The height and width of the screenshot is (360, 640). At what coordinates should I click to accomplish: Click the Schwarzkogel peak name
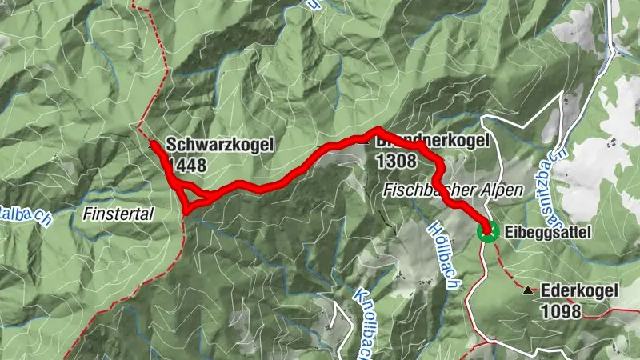[220, 146]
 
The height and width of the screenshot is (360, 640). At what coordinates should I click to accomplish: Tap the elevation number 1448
[186, 166]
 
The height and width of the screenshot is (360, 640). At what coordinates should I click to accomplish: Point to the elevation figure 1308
[396, 162]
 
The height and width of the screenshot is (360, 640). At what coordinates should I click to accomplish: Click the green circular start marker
[486, 232]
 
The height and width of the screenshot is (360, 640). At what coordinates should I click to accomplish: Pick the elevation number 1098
[561, 311]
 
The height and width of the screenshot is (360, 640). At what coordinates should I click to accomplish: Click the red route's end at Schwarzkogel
[151, 142]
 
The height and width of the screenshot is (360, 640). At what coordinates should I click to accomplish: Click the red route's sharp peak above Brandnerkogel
[376, 130]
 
